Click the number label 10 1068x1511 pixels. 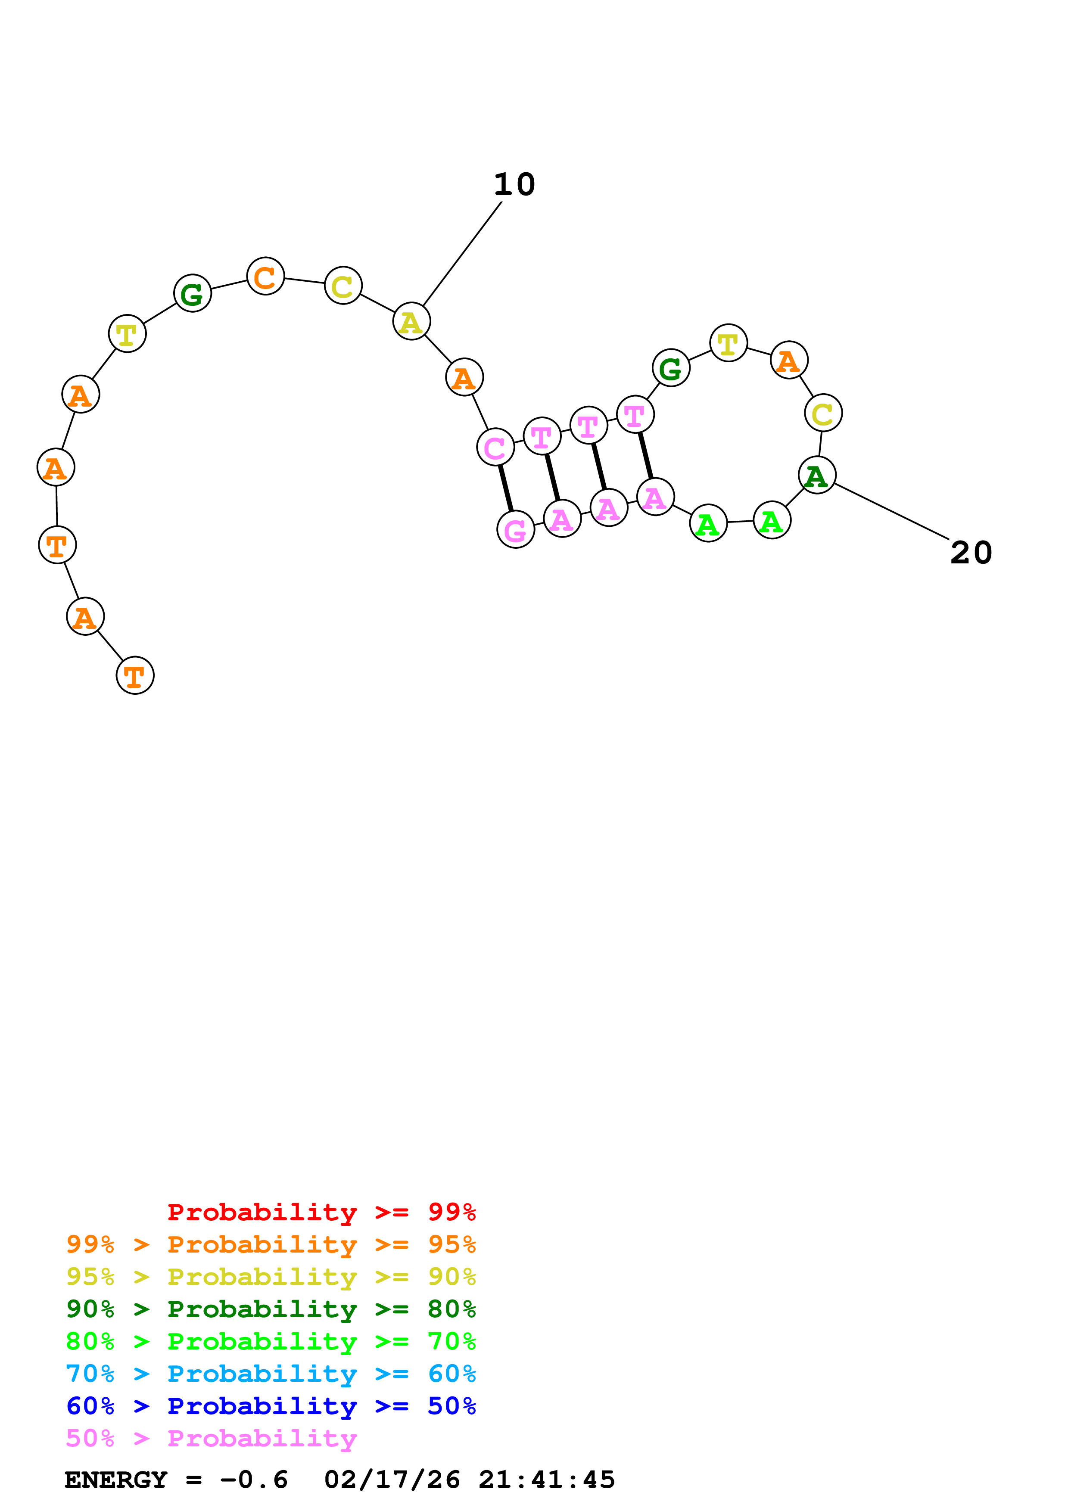tap(514, 185)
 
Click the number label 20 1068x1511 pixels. tap(971, 553)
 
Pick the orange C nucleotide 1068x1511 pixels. tap(265, 277)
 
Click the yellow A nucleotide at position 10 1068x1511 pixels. tap(411, 322)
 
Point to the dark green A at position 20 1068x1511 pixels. tap(817, 475)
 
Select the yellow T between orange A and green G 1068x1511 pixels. tap(127, 334)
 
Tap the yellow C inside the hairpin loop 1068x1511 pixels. tap(822, 414)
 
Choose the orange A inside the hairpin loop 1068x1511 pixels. tap(788, 361)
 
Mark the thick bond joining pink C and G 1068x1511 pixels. tap(505, 488)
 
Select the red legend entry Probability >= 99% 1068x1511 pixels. tap(321, 1212)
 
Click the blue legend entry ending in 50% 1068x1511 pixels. tap(271, 1406)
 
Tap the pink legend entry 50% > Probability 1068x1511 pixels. tap(211, 1439)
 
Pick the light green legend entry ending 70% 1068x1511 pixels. tap(271, 1341)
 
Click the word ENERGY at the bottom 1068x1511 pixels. tap(116, 1480)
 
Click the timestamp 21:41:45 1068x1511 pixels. tap(546, 1480)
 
